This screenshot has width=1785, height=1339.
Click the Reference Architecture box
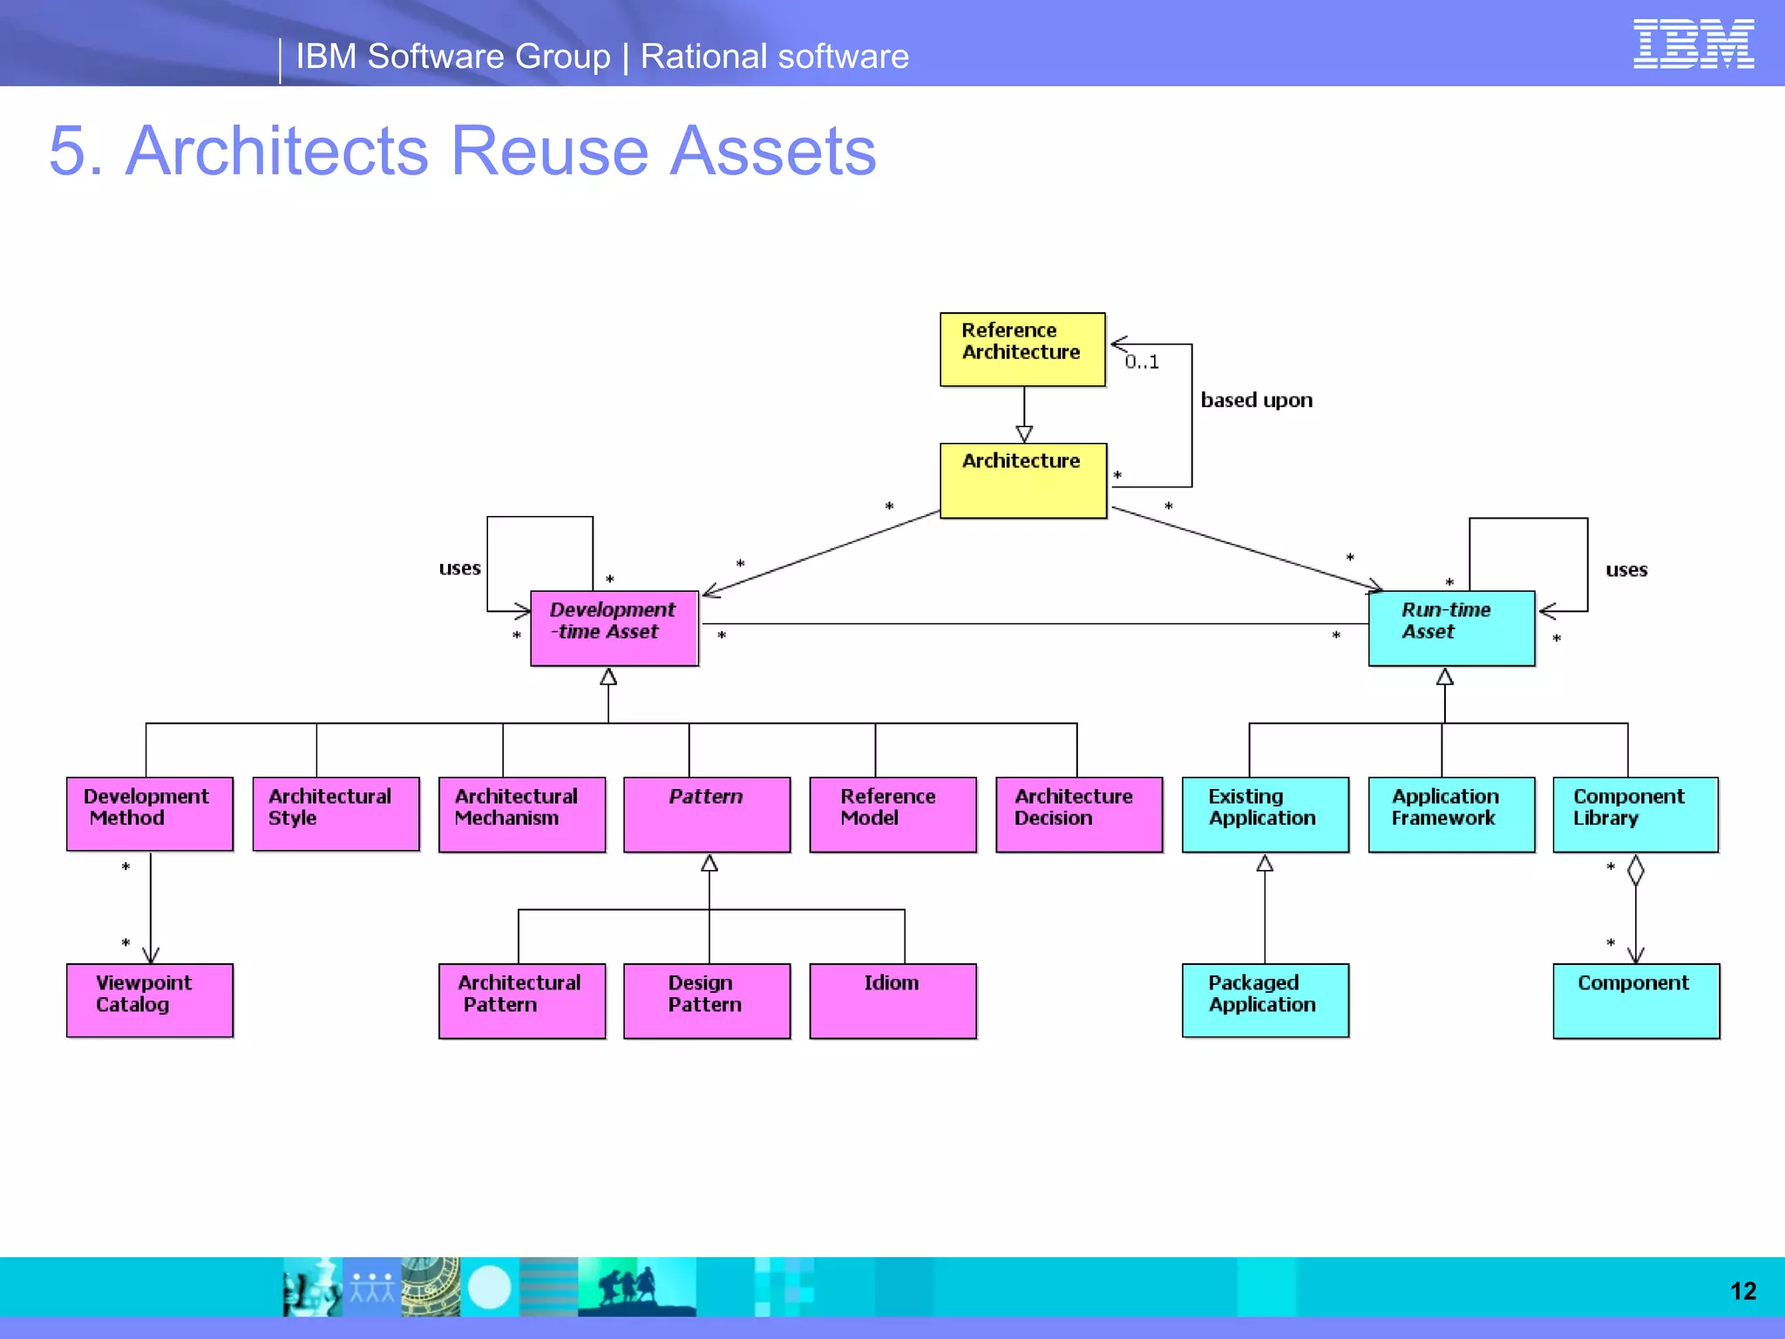(1021, 349)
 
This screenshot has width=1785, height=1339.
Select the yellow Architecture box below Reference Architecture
(1022, 480)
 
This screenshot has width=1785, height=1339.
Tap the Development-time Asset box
(614, 628)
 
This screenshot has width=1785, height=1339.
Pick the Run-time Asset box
(1451, 628)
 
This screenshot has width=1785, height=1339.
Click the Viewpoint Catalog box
(150, 1000)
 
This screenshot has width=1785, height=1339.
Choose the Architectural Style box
(336, 813)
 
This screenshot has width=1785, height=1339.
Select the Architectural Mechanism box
(521, 814)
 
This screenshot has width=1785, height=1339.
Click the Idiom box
(892, 1000)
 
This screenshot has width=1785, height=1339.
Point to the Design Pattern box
(707, 1000)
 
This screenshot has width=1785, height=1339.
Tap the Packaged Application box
(1265, 1000)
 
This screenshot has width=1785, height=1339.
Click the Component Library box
(1635, 814)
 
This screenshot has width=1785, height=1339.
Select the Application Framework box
(1451, 814)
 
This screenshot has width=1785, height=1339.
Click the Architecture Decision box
(1079, 814)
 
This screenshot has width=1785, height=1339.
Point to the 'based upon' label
(1256, 400)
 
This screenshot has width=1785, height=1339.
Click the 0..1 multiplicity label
(1142, 362)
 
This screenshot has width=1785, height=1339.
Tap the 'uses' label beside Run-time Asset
(1626, 570)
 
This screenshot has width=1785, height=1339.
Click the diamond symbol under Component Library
(1636, 870)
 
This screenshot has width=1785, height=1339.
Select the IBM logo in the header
(1693, 44)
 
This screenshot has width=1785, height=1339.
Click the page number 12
(1743, 1290)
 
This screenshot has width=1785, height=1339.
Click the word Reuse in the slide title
(549, 151)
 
